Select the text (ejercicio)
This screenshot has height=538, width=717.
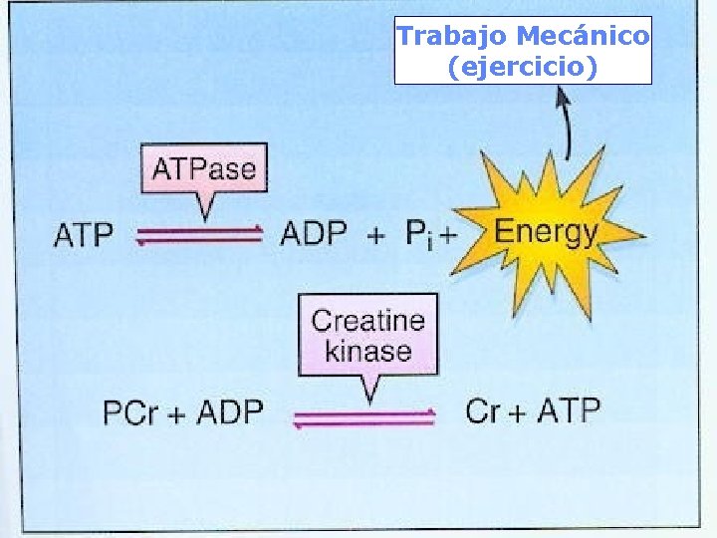point(523,68)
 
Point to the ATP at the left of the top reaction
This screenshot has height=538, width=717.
point(84,236)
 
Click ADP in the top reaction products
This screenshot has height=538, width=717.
point(314,234)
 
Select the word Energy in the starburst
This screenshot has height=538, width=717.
point(546,233)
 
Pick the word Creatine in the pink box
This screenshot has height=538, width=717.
point(367,321)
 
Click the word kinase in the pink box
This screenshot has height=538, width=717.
point(367,351)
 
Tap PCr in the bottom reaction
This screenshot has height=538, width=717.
point(130,411)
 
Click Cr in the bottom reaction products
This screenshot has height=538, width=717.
point(482,410)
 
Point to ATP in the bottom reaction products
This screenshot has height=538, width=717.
point(569,410)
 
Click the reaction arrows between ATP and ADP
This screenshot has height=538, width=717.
point(198,235)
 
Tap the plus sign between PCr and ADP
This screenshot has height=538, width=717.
point(177,412)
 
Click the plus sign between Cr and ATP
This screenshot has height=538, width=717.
point(518,411)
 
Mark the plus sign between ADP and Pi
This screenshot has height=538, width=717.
point(375,236)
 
